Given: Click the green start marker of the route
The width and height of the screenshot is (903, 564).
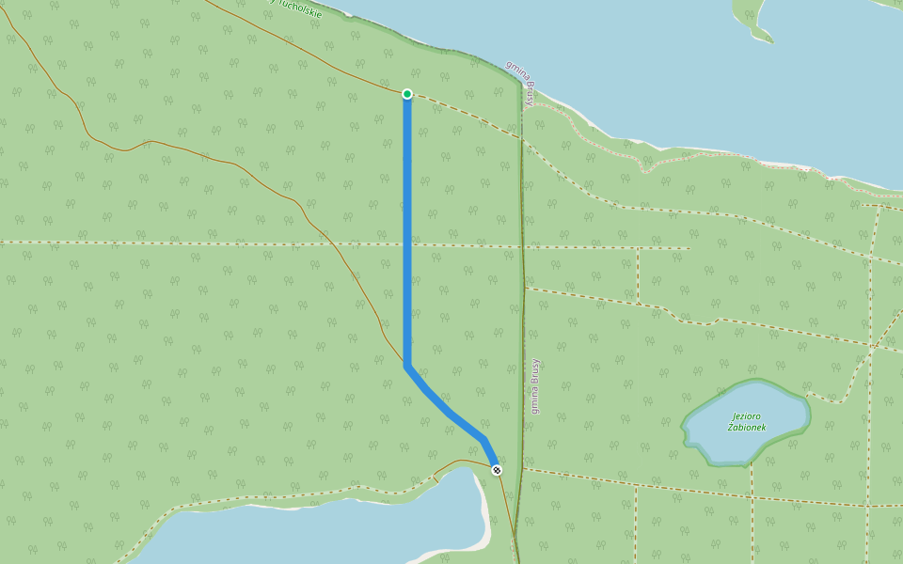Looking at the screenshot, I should click(407, 94).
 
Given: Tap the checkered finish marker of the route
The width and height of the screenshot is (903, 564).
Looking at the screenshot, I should click(497, 470).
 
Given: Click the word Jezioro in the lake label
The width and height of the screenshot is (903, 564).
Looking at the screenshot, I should click(745, 415).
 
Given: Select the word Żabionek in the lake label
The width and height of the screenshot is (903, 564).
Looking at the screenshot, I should click(747, 428).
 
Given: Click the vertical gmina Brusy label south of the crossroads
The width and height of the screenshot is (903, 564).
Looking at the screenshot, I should click(535, 386).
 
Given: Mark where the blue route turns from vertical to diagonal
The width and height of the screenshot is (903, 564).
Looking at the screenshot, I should click(407, 365).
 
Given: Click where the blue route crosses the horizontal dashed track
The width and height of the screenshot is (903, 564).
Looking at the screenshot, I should click(407, 245).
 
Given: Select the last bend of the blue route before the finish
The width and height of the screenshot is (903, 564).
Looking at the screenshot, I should click(483, 440).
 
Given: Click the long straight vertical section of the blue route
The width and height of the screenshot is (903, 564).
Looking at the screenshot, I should click(407, 188).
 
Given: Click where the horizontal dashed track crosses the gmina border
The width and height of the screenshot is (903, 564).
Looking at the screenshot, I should click(522, 248).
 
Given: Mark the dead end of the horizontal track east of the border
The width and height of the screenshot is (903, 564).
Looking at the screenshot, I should click(689, 249).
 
